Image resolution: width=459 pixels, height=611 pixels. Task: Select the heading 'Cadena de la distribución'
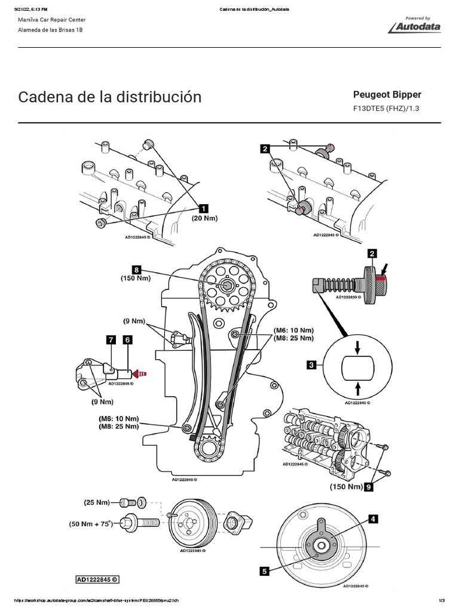point(110,97)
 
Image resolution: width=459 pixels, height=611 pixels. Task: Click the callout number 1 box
point(203,208)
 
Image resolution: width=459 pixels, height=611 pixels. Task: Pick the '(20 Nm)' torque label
point(204,219)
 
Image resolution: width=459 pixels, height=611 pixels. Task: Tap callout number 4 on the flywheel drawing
point(373,520)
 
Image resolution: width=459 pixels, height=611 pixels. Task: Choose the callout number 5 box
point(264,571)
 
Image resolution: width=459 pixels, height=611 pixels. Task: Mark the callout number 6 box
point(127,340)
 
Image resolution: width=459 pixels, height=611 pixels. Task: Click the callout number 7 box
point(111,340)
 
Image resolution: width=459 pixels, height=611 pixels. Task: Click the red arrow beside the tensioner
point(139,374)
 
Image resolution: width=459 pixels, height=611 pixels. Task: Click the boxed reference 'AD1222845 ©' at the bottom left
point(97,579)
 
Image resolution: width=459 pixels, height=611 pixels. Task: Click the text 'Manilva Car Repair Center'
point(53,19)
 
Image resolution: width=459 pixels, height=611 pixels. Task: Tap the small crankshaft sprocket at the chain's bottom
point(210,447)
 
